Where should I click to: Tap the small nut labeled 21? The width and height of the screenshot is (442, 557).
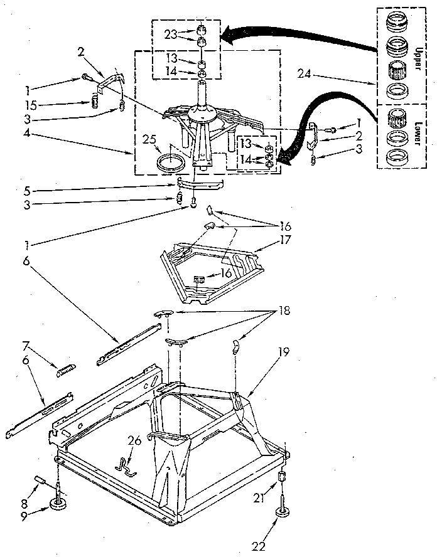(x=283, y=478)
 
